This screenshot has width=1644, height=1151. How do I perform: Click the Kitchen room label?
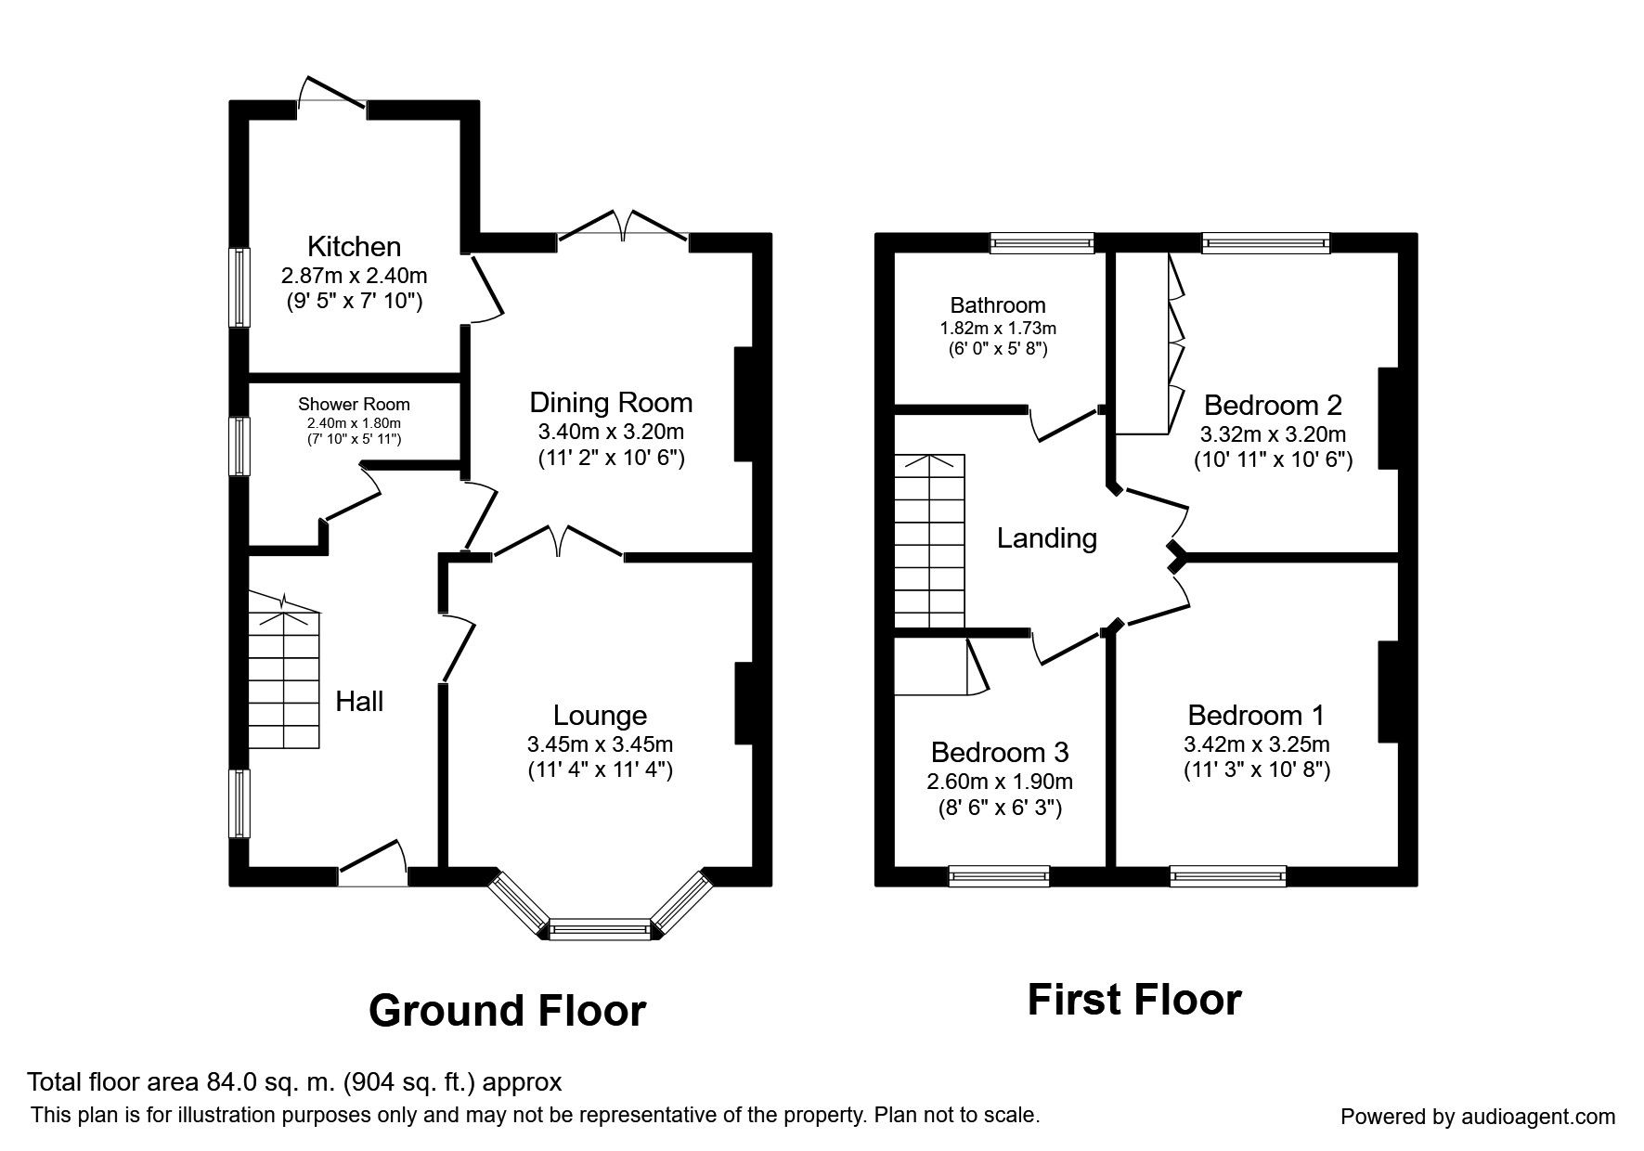click(x=354, y=246)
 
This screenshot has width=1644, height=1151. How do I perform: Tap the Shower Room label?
click(x=354, y=405)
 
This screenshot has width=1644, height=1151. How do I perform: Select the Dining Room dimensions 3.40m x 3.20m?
click(x=611, y=432)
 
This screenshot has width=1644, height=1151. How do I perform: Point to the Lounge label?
click(x=600, y=716)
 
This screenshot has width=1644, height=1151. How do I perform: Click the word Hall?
click(x=359, y=702)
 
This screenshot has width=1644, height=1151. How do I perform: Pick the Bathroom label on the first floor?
click(x=998, y=305)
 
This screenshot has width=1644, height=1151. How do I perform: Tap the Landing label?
click(x=1047, y=538)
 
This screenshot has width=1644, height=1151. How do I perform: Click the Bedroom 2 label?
click(x=1273, y=406)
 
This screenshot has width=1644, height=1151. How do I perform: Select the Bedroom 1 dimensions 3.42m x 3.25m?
click(x=1257, y=744)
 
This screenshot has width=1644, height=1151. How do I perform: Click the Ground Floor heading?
click(x=507, y=1010)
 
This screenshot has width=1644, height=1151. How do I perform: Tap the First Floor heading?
click(x=1134, y=1000)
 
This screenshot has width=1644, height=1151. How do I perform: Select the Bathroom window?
click(x=1042, y=243)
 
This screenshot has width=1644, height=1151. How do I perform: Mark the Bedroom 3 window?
click(x=999, y=875)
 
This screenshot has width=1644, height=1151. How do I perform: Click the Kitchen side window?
click(x=240, y=287)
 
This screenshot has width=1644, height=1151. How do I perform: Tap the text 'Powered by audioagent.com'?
click(x=1478, y=1117)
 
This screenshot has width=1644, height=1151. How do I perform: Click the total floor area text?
click(x=294, y=1082)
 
